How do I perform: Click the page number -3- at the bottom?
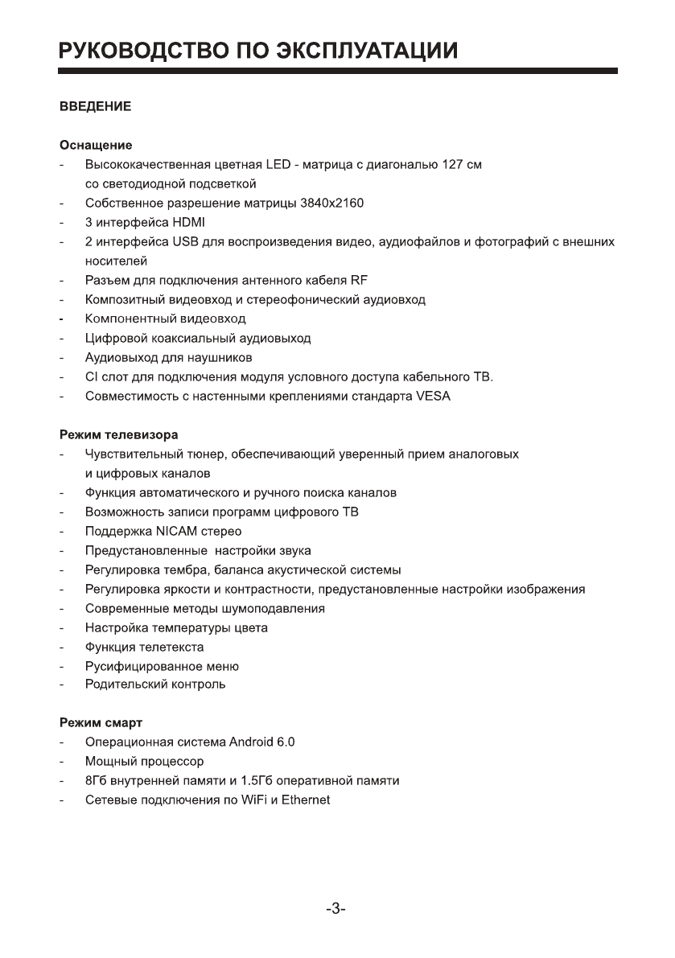click(336, 910)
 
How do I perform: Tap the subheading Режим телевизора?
click(118, 435)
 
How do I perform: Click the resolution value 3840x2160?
click(332, 204)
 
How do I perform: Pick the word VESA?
click(434, 397)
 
